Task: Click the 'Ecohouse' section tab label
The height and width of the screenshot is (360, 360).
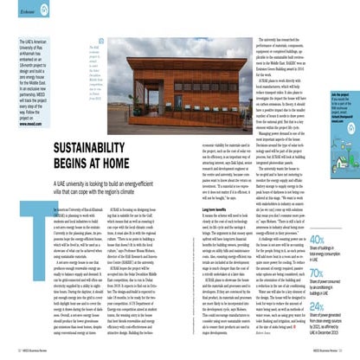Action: point(30,13)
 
